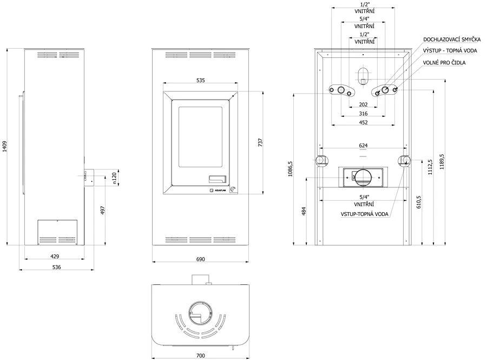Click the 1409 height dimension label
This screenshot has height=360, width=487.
tap(5, 147)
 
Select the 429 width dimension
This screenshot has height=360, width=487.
tap(55, 256)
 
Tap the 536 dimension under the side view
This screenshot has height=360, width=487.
tap(56, 267)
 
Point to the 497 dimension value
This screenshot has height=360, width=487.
tap(103, 210)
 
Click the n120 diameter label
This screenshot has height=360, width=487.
tap(115, 179)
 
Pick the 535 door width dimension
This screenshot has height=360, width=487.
tap(201, 81)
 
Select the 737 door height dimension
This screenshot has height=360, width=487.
tap(260, 142)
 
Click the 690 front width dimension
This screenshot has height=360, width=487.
tap(201, 259)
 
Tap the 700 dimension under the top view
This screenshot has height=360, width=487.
tap(201, 356)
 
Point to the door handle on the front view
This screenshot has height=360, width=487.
tap(218, 179)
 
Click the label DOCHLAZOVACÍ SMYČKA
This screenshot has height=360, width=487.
tap(452, 40)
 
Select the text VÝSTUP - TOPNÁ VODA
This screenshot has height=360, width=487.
tap(450, 51)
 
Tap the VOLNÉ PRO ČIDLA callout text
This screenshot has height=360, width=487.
tap(444, 62)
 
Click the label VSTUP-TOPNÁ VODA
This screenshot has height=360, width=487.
tap(364, 214)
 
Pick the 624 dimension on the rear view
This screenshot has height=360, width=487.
tap(363, 146)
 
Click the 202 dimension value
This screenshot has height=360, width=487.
tap(363, 104)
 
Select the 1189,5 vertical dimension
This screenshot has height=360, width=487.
tap(442, 162)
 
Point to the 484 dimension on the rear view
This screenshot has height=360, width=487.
tap(304, 211)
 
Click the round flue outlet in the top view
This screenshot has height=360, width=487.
tap(200, 314)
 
